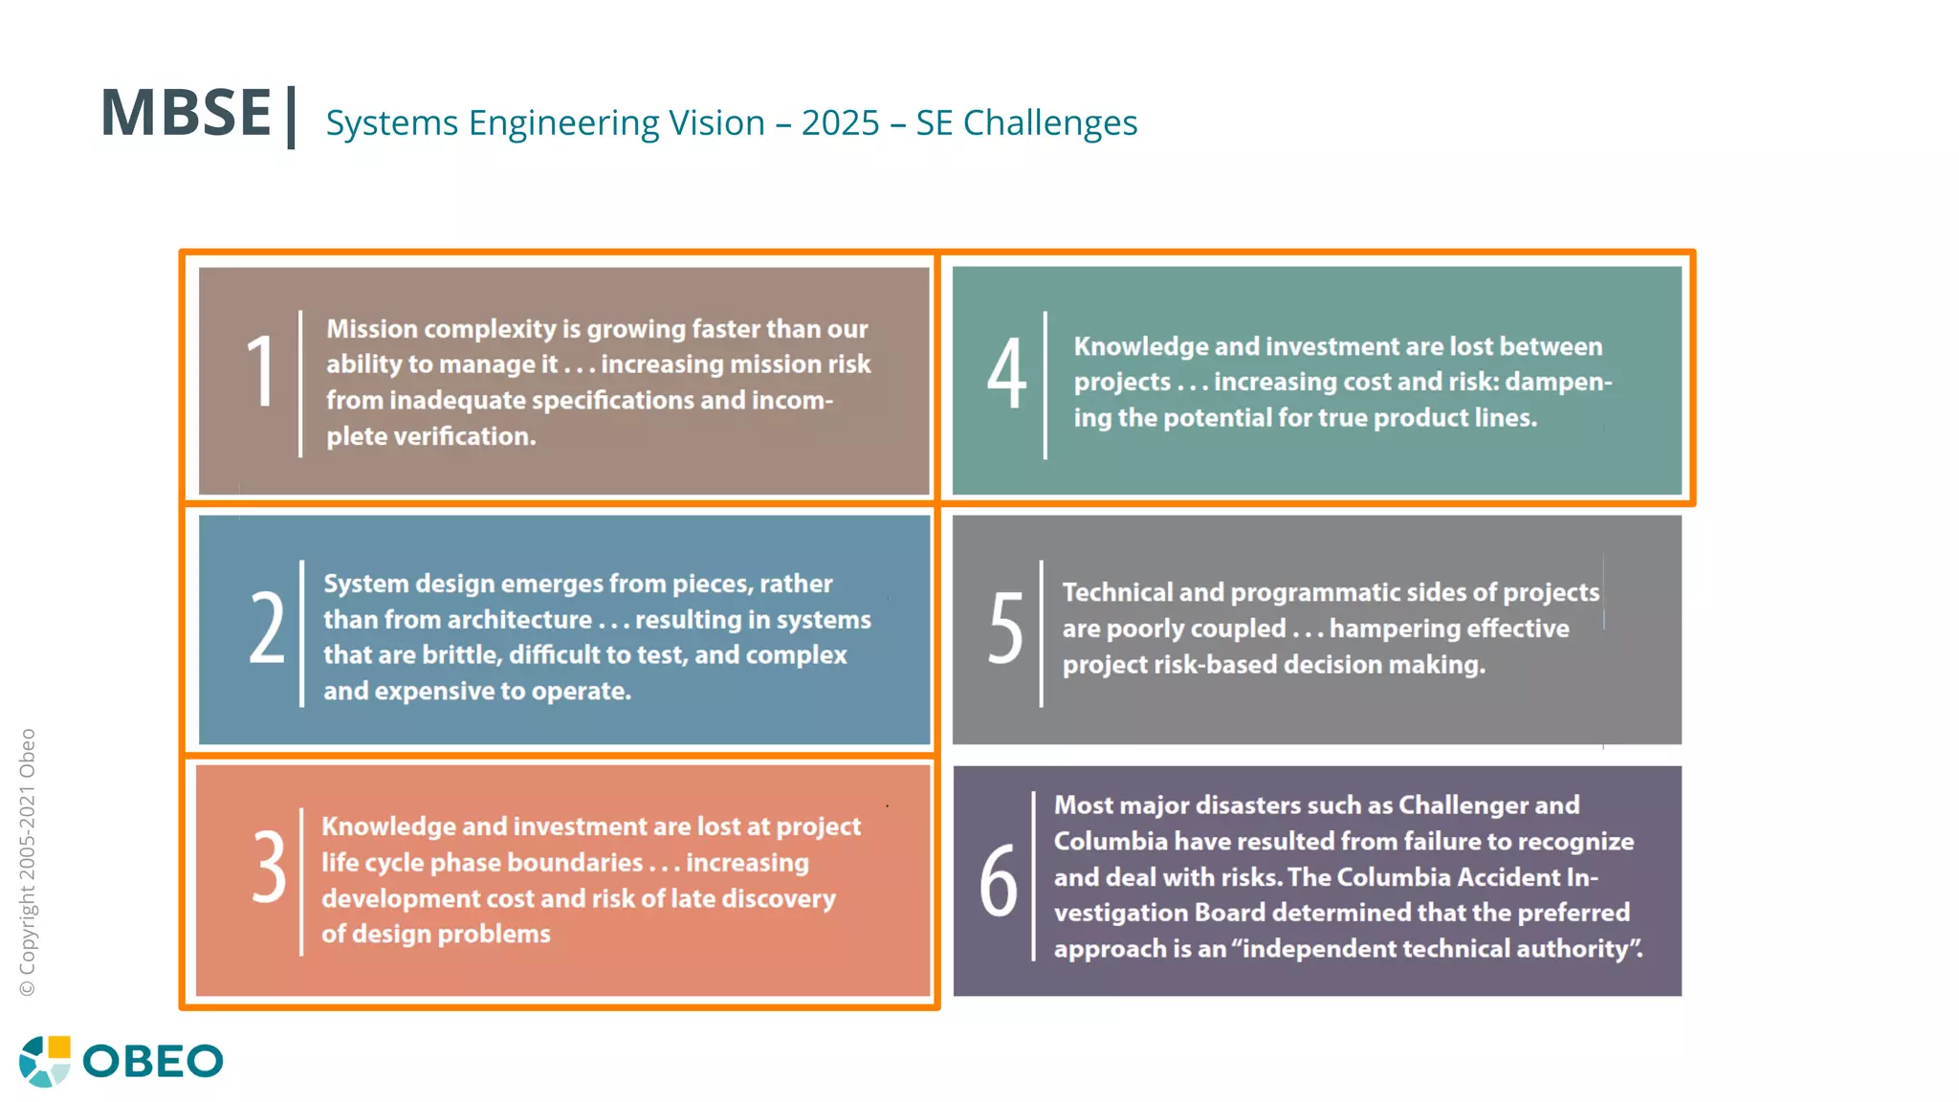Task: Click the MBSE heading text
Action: (187, 113)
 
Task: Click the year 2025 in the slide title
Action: (840, 123)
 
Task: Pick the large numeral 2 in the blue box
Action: (267, 628)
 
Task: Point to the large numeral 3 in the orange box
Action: (269, 867)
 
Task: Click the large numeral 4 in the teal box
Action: (1006, 375)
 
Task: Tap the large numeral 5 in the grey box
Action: (1005, 628)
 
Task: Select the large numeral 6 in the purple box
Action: (999, 880)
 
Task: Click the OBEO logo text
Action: (153, 1062)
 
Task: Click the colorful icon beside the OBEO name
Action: (45, 1061)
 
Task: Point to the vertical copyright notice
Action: (28, 862)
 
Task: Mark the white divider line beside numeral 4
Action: (1045, 385)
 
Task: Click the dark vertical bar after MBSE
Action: (291, 117)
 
